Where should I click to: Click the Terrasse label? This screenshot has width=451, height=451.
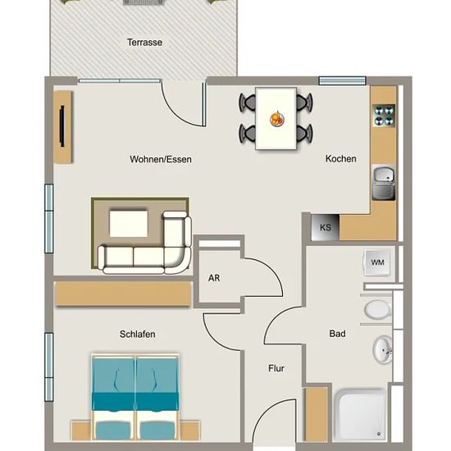(144, 43)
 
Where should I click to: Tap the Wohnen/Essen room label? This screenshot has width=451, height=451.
(161, 159)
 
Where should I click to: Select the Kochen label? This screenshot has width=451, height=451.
(341, 158)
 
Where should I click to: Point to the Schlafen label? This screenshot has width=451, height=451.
(138, 334)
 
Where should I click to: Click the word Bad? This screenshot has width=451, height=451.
(337, 334)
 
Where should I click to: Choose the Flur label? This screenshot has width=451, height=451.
(276, 368)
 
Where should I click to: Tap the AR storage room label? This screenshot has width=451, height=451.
(214, 278)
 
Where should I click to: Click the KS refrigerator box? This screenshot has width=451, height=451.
(326, 227)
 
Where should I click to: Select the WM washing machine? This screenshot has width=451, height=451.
(378, 262)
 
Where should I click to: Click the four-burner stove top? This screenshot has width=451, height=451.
(384, 116)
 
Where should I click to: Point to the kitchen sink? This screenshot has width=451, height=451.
(384, 183)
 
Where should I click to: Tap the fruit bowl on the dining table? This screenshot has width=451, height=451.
(277, 119)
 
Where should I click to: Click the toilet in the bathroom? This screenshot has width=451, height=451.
(378, 310)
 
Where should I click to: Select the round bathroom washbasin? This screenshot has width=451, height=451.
(383, 350)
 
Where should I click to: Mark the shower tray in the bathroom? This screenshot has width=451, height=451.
(361, 415)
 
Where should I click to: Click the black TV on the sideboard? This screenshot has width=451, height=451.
(61, 126)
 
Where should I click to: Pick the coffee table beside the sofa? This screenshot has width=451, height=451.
(129, 224)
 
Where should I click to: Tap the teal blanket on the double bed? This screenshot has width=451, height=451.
(135, 402)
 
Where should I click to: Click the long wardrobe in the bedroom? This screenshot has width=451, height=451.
(124, 294)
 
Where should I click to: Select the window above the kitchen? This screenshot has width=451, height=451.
(342, 81)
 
